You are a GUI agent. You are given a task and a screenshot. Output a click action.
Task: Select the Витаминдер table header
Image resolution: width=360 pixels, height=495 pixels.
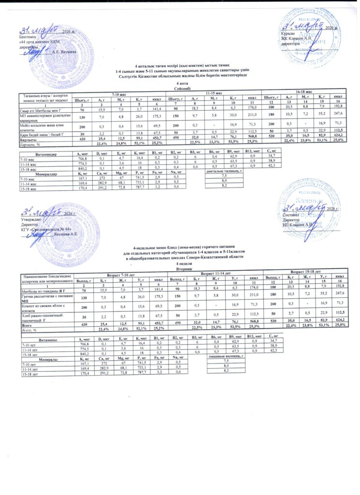point(43,153)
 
